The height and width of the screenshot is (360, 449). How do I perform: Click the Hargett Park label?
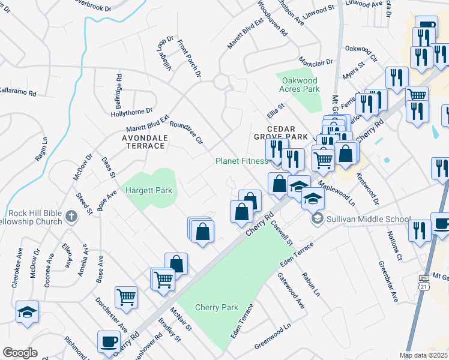[x=148, y=190]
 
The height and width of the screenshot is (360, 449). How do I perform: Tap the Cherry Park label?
[x=217, y=307]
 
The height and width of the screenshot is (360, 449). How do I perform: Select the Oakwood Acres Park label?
[x=299, y=83]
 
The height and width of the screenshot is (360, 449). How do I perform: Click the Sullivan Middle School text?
[x=368, y=219]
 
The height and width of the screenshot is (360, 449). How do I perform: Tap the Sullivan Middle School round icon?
[x=318, y=219]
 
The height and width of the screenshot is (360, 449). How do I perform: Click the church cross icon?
[x=71, y=216]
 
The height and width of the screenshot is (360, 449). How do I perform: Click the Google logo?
[x=20, y=353]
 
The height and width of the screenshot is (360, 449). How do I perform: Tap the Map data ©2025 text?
[x=423, y=355]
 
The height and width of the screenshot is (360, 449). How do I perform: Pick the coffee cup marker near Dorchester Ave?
[x=109, y=341]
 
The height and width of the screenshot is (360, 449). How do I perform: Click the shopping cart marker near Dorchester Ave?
[x=126, y=296]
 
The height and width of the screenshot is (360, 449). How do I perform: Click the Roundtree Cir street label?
[x=187, y=133]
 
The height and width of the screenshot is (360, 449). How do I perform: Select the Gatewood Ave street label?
[x=291, y=290]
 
